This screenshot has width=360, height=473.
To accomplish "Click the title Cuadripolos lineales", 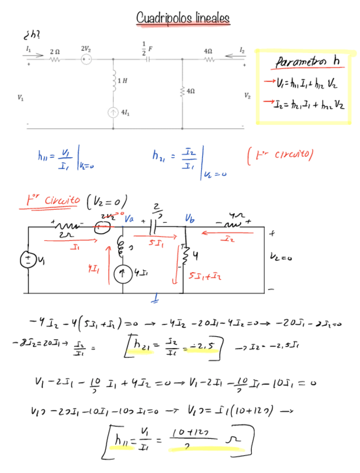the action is [x=183, y=19].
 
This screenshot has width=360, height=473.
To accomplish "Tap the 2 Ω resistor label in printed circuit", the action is [x=55, y=51].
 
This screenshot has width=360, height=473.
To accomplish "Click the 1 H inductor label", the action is [x=122, y=81].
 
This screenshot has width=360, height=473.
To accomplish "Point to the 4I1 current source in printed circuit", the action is [x=114, y=113].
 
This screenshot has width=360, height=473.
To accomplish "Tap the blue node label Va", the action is [x=129, y=219].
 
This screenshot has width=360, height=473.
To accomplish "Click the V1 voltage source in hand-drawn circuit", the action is [x=27, y=259].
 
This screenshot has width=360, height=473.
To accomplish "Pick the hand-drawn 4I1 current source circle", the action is [x=122, y=273].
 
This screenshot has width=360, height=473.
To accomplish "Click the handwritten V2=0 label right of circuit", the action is [x=283, y=258].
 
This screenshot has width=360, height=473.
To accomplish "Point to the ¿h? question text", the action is [x=31, y=35].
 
